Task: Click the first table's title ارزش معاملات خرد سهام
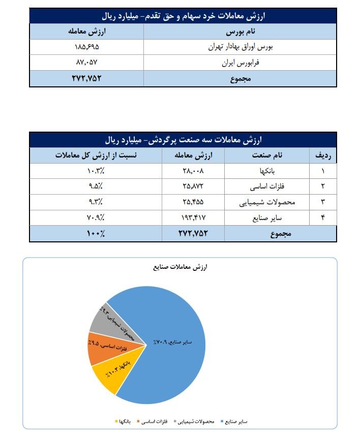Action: point(183,16)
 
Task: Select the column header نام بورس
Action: point(239,32)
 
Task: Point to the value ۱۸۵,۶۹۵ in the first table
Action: point(86,48)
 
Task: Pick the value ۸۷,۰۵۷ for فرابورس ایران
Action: point(86,64)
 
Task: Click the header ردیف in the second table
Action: point(323,155)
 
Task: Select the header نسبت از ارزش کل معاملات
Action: point(95,155)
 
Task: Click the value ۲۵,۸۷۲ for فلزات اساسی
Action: point(195,186)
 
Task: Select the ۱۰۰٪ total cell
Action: point(95,234)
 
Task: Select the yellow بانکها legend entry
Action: point(124,421)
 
